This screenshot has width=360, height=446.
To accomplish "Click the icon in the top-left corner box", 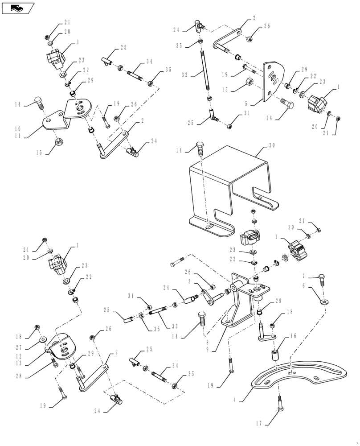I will (x=18, y=8).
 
